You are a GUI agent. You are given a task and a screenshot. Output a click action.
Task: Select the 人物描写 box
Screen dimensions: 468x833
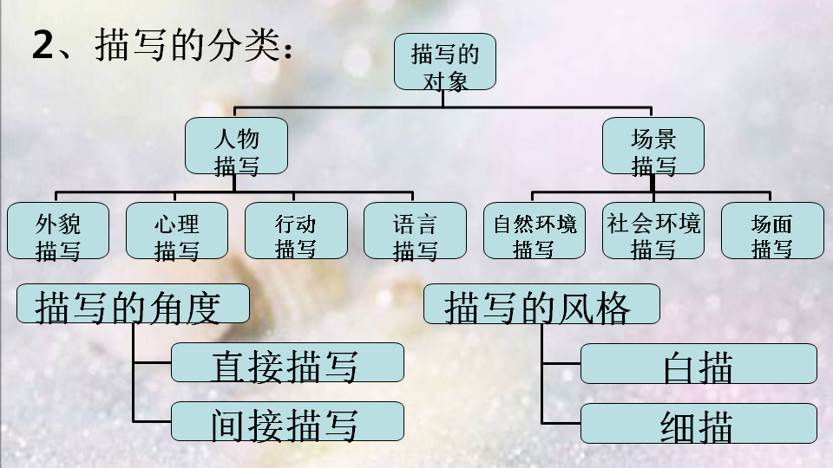[x=236, y=145]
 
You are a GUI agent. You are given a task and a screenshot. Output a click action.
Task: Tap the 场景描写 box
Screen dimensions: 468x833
[x=653, y=145]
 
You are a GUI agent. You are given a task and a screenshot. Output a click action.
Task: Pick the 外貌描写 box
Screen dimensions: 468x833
[x=58, y=231]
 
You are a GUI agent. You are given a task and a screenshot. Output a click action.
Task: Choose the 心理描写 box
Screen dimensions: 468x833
[x=177, y=231]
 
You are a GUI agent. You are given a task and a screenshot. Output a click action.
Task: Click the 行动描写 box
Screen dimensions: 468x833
[x=296, y=231]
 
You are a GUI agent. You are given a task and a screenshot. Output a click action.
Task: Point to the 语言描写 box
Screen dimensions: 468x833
[x=415, y=231]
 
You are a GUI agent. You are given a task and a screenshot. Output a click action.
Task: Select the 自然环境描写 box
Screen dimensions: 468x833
[x=534, y=231]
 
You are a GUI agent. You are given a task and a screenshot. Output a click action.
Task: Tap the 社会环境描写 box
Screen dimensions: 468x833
[x=653, y=231]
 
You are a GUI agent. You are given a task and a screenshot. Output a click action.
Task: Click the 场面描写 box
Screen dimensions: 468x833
[x=772, y=231]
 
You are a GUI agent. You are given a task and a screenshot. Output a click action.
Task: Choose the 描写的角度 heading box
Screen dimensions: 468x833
[x=133, y=304]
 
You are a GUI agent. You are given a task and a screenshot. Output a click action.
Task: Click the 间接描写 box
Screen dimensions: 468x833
[x=287, y=421]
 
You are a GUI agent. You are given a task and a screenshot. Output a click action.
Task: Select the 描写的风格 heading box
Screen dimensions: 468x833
[x=541, y=304]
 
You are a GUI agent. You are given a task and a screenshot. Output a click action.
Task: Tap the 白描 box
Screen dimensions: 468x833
[x=699, y=364]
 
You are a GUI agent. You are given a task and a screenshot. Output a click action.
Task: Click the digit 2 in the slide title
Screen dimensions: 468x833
[x=42, y=45]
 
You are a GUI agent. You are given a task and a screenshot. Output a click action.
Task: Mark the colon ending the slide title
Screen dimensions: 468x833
[x=287, y=48]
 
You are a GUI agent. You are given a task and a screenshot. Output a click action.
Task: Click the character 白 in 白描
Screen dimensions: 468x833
[x=679, y=366]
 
